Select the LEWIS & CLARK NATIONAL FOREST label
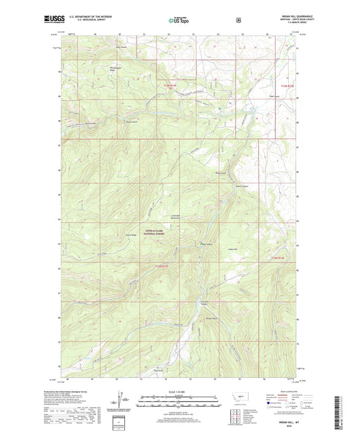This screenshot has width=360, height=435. tap(153, 232)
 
